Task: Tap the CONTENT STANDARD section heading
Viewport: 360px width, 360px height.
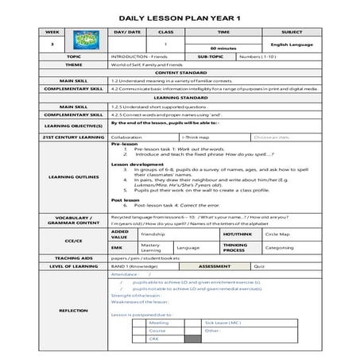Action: [x=180, y=74]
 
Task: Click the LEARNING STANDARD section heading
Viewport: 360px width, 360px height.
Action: [x=180, y=97]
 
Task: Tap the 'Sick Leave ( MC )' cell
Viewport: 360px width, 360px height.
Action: [x=222, y=323]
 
